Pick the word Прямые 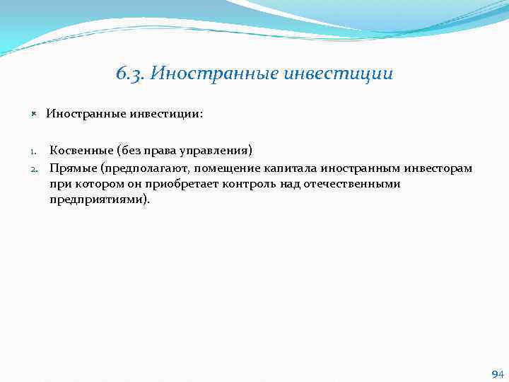pos(72,168)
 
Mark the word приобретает pos(184,184)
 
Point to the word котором pos(93,184)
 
